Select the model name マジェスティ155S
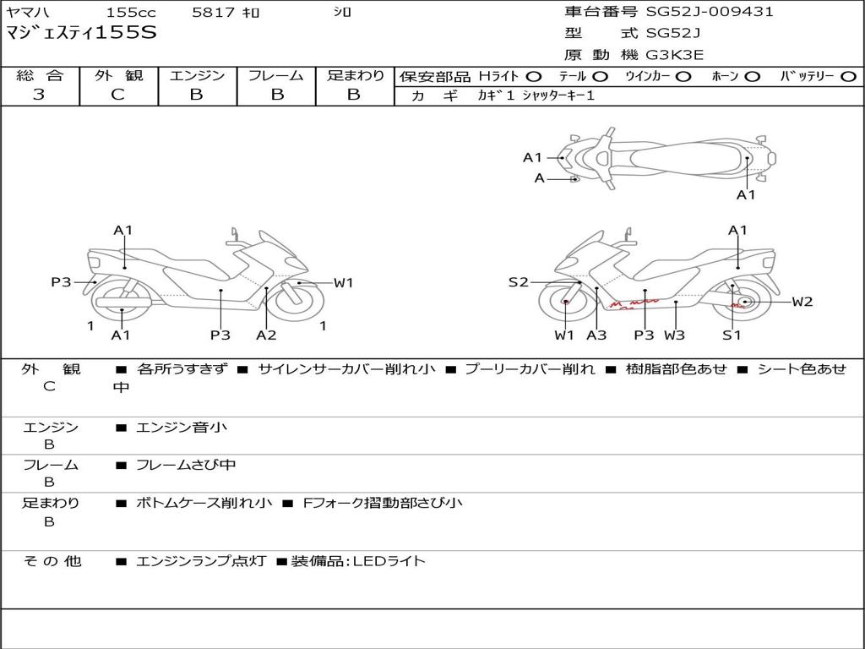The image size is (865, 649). [x=81, y=34]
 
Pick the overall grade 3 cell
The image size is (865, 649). [x=39, y=95]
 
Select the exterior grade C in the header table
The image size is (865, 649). [x=117, y=95]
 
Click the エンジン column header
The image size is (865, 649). [x=197, y=76]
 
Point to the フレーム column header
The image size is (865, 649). [x=276, y=76]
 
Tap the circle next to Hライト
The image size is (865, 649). [x=534, y=77]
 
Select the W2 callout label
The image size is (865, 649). [x=802, y=302]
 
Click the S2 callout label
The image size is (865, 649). [x=518, y=282]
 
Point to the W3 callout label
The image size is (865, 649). [x=674, y=335]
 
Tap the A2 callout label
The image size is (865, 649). [x=266, y=335]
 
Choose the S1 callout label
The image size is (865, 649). [x=732, y=335]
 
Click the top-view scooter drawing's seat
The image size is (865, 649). [x=684, y=157]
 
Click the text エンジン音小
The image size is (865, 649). [x=182, y=428]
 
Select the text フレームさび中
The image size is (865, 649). [x=186, y=465]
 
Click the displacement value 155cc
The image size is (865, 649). [x=126, y=13]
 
